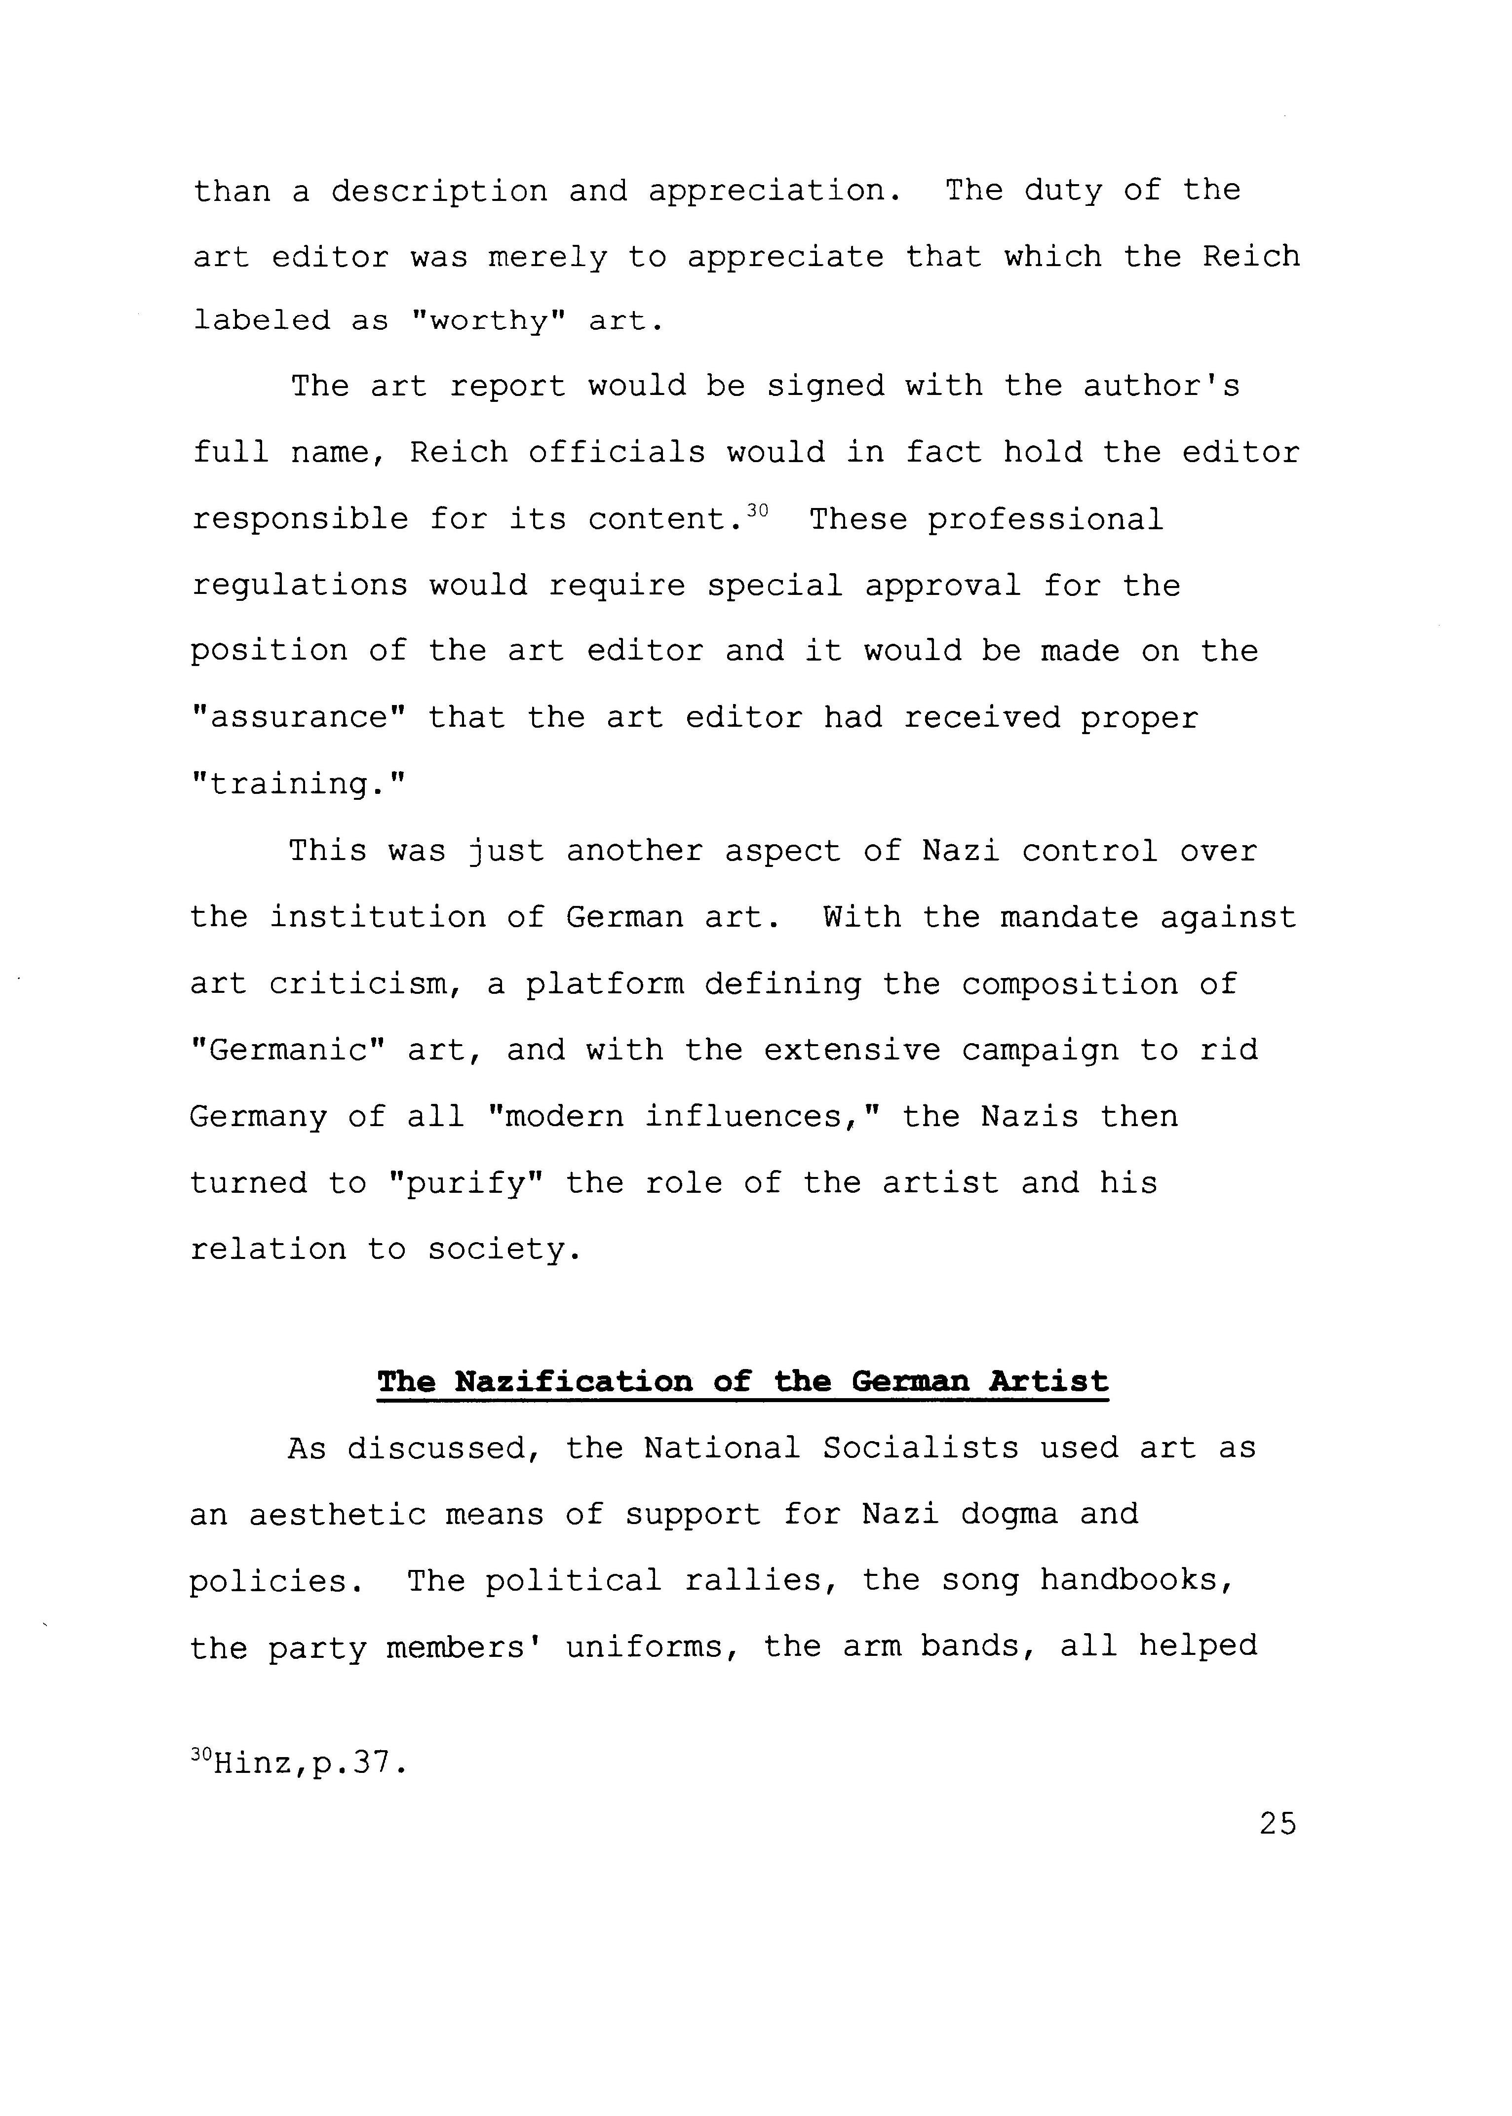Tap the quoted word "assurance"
coord(299,718)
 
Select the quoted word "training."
coord(299,784)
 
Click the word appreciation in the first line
coord(775,191)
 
